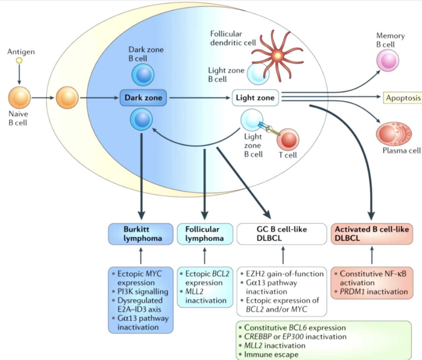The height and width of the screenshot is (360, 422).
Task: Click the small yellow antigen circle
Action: point(19,60)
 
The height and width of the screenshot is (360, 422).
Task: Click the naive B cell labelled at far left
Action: point(19,98)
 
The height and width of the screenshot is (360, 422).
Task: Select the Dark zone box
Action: point(143,98)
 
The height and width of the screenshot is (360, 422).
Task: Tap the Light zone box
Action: point(255,98)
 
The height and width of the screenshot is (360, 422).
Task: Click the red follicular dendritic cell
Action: point(277,55)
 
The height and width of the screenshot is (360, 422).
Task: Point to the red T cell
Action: point(288,140)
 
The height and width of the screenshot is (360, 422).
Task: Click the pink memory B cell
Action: point(388,60)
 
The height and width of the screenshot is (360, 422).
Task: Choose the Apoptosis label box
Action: point(403,98)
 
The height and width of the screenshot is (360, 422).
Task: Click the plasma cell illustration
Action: point(394,134)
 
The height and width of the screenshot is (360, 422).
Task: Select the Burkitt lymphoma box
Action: point(141,234)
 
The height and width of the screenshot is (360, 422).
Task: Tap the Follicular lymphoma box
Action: point(205,234)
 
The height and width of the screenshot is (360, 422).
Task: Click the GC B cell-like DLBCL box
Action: point(282,234)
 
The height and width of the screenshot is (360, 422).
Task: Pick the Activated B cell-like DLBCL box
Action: point(372,234)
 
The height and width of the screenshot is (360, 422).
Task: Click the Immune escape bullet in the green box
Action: point(271,355)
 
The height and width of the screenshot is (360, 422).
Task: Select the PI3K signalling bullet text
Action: point(143,292)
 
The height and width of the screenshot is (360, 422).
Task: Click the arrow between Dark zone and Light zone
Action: point(199,98)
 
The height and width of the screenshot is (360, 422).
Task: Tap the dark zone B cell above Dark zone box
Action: point(143,75)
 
